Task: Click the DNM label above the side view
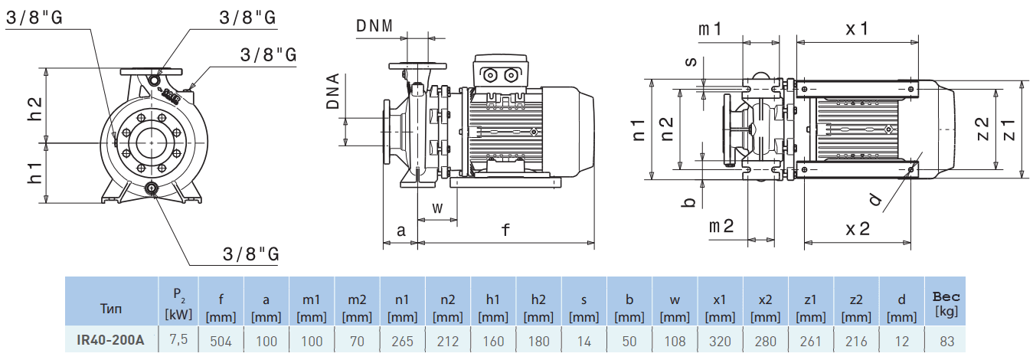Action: (374, 26)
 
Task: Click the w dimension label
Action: (437, 208)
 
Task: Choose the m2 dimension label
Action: (721, 226)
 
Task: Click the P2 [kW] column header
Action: (177, 304)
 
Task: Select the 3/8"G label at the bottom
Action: (250, 254)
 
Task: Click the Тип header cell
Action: (110, 309)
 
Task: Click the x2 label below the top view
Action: (858, 229)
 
